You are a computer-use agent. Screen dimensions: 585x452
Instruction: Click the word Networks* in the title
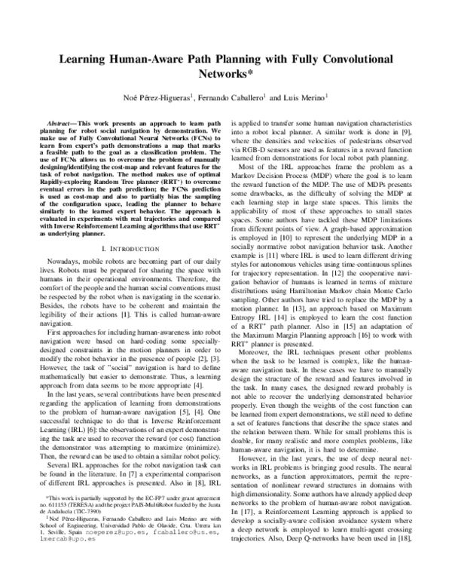click(x=226, y=75)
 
